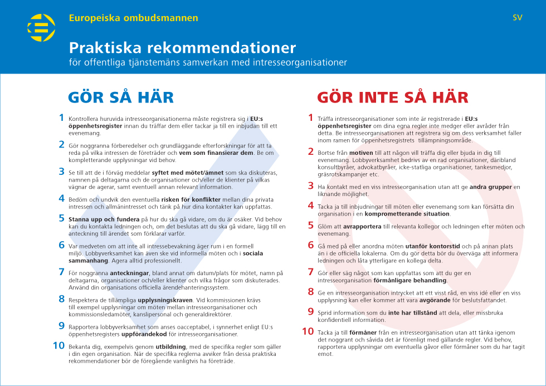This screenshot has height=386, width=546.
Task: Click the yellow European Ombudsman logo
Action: [x=41, y=28]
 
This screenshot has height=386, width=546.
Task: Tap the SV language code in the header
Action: [x=518, y=18]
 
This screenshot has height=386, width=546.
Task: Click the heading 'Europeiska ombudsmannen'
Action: [x=134, y=18]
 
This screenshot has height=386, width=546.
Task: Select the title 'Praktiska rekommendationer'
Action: [x=182, y=47]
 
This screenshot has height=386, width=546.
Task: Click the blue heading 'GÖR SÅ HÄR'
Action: [x=121, y=97]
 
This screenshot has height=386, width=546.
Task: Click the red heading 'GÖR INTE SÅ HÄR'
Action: [x=393, y=97]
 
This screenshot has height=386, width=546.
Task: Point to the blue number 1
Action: [x=61, y=118]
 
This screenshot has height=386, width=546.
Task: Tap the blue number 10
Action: [x=58, y=345]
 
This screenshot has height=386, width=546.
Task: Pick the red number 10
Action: [x=308, y=331]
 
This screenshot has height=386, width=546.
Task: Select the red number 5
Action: [x=311, y=226]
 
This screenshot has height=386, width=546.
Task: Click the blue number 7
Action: [x=61, y=272]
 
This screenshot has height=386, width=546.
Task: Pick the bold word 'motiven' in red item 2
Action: [x=361, y=153]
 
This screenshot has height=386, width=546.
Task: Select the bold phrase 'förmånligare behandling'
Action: [x=413, y=280]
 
